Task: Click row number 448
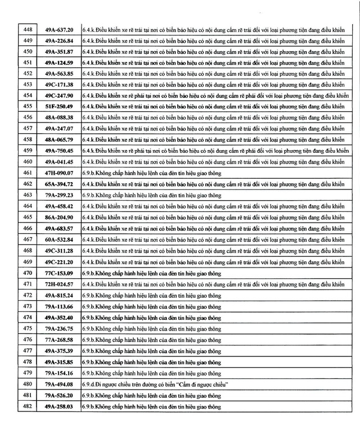pos(28,29)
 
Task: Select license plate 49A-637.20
pos(59,29)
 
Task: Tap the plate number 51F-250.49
pos(59,106)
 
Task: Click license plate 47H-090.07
pos(59,173)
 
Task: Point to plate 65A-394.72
pos(59,184)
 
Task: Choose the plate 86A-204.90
pos(59,218)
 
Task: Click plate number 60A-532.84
pos(59,240)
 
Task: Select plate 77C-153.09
pos(59,273)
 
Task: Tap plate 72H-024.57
pos(59,284)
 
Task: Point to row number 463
pos(28,196)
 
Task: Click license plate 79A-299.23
pos(59,196)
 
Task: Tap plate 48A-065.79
pos(59,139)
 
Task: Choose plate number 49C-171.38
pos(59,84)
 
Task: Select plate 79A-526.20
pos(59,396)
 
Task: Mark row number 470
pos(28,273)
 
